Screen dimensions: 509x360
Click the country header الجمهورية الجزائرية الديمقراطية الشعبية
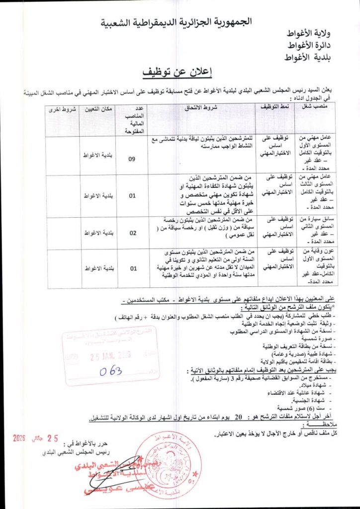[178, 22]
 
